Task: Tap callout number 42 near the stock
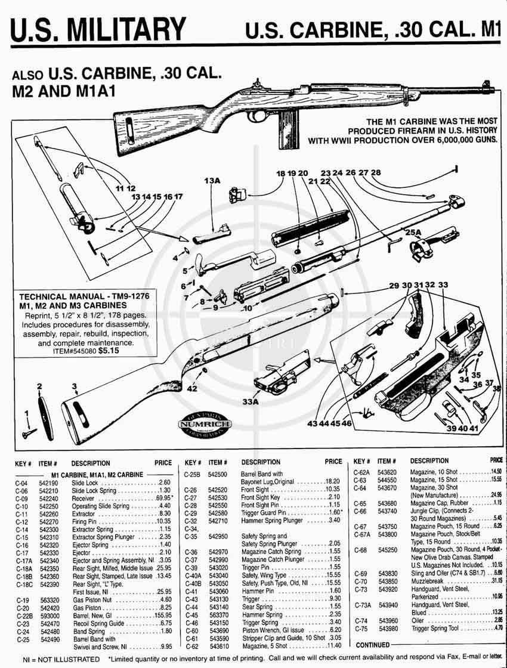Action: pos(192,388)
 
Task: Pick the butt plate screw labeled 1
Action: pos(27,433)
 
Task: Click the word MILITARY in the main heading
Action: pos(125,28)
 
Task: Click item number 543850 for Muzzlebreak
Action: pos(388,582)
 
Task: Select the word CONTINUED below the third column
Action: pos(373,645)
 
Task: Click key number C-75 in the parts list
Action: pos(360,629)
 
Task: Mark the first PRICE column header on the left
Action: pos(163,463)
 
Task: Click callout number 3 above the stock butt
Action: pos(75,386)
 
